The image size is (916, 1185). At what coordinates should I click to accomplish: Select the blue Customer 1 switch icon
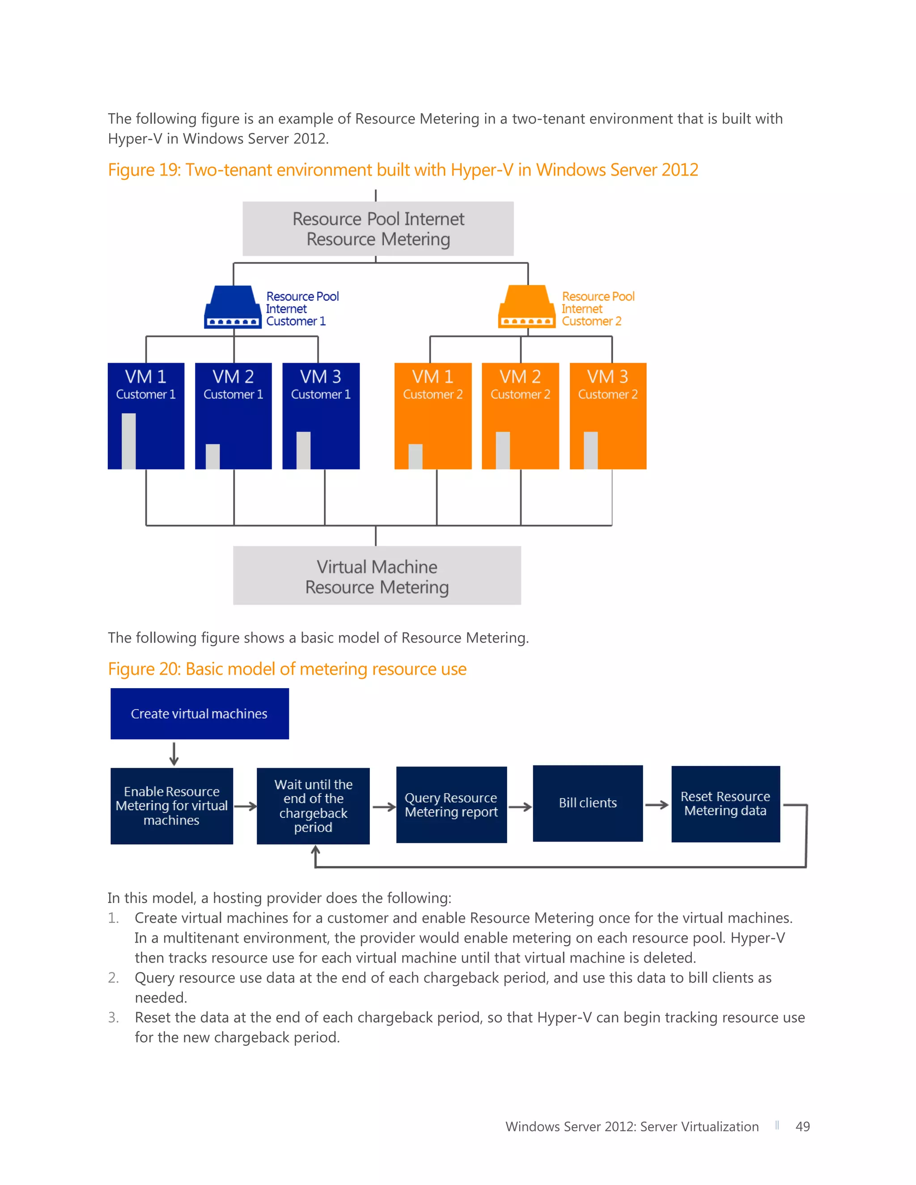[232, 307]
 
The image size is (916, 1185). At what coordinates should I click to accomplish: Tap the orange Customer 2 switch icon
[526, 307]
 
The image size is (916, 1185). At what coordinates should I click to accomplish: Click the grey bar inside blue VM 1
[129, 440]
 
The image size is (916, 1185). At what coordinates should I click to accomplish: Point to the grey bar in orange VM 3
[590, 450]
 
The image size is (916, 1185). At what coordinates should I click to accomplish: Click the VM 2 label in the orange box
[520, 377]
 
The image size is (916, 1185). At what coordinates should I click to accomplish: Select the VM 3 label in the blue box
[321, 377]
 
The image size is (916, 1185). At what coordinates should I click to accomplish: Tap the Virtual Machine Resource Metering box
[377, 576]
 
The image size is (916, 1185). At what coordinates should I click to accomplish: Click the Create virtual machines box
[199, 714]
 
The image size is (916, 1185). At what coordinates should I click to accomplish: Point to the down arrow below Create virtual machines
[174, 754]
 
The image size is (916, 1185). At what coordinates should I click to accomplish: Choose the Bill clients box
[588, 803]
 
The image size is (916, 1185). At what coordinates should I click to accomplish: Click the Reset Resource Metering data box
[725, 804]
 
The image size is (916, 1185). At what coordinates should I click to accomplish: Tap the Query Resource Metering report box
[451, 804]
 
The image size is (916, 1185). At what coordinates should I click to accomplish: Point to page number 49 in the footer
[802, 1127]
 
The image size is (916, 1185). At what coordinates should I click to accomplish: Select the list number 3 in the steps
[113, 1017]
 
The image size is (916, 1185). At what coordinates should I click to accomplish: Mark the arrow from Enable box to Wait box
[245, 806]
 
